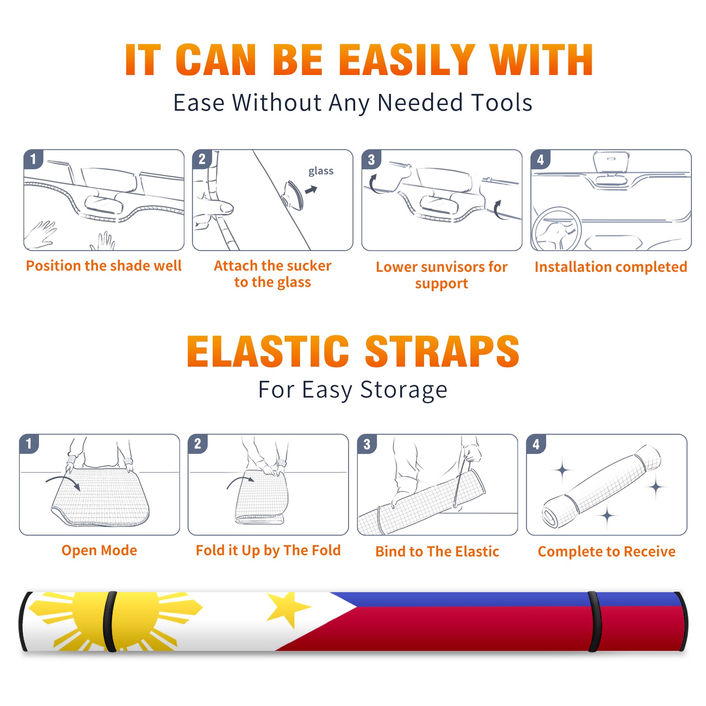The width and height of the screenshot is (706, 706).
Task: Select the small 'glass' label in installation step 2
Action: pos(321,171)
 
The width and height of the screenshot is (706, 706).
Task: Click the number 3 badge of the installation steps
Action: pos(372,160)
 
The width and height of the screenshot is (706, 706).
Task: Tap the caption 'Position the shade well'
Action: pos(104,266)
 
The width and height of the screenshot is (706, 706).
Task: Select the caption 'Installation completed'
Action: pos(611,267)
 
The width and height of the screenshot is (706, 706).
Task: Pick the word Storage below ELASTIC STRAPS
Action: pos(404,390)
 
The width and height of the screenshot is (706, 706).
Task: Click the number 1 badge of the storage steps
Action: pos(29,443)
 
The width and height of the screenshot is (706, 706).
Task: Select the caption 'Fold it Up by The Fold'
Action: pos(268,551)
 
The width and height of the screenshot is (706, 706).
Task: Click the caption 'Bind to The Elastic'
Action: pos(437,552)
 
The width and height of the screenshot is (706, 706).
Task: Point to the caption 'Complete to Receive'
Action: pos(607,552)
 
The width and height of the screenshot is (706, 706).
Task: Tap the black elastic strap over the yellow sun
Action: pos(110,621)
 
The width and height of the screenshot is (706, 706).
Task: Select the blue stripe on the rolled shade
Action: pos(503,599)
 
